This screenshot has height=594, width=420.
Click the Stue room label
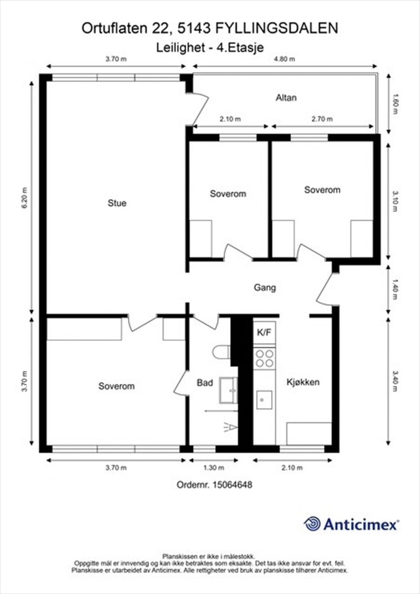[117, 203]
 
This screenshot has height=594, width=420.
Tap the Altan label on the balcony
[286, 98]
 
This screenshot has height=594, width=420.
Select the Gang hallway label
[265, 287]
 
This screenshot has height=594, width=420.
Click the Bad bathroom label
[204, 382]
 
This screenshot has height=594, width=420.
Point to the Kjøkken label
[303, 382]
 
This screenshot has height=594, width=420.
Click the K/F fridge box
[264, 333]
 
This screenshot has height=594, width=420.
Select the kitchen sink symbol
[264, 400]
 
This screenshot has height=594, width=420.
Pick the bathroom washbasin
[228, 390]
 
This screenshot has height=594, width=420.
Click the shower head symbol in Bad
[230, 428]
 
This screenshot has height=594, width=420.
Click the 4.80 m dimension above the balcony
[284, 59]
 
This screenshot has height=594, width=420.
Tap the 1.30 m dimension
[214, 468]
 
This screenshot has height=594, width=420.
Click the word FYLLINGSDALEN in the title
[277, 29]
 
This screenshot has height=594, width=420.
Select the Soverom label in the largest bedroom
[116, 386]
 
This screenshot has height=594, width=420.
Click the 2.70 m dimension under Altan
[322, 119]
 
